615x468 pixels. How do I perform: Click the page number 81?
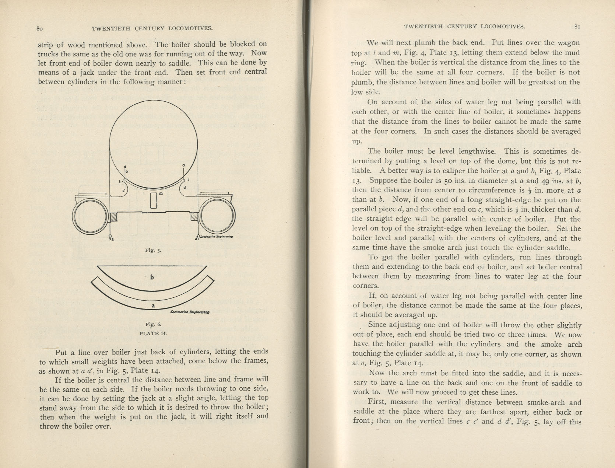(x=577, y=27)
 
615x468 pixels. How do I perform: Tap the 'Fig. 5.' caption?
(x=153, y=250)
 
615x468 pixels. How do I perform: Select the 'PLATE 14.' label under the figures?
(x=153, y=333)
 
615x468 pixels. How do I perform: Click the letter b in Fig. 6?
(x=152, y=277)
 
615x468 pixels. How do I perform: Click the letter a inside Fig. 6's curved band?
(x=153, y=305)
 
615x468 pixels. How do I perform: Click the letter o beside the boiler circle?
(x=127, y=172)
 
